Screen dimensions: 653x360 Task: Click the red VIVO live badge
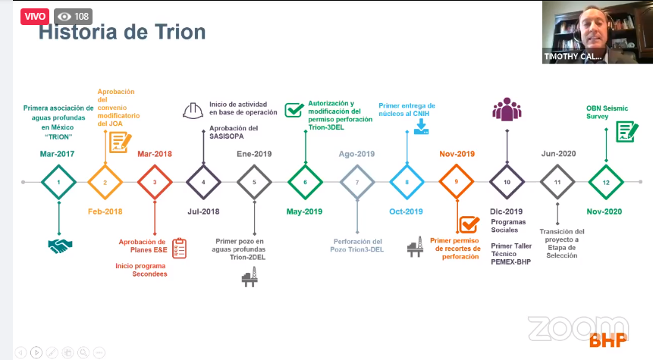click(x=35, y=16)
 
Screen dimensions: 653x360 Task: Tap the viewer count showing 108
click(x=74, y=16)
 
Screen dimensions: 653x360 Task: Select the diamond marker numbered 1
click(x=58, y=183)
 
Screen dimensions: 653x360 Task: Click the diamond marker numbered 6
click(x=305, y=183)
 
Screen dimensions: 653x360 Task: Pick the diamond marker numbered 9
click(x=457, y=182)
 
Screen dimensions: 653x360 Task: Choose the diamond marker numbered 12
click(x=606, y=183)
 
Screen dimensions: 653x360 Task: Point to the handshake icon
click(x=60, y=246)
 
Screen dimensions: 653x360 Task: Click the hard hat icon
click(x=193, y=111)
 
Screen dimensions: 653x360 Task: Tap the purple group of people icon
click(x=507, y=109)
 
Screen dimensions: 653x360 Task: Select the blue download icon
click(x=421, y=127)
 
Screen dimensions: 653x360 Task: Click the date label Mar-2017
click(x=57, y=154)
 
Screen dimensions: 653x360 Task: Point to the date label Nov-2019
click(x=457, y=154)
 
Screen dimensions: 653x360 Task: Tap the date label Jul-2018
click(x=203, y=211)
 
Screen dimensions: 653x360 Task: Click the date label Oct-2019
click(x=406, y=211)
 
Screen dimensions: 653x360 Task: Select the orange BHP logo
click(x=608, y=340)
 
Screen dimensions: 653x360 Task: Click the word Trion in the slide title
click(x=180, y=32)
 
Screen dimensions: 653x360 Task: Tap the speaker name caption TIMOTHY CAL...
click(x=573, y=57)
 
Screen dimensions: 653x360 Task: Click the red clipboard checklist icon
click(x=180, y=248)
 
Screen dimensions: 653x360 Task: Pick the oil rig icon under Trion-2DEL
click(x=250, y=277)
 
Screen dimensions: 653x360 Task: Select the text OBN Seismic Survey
click(x=607, y=112)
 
